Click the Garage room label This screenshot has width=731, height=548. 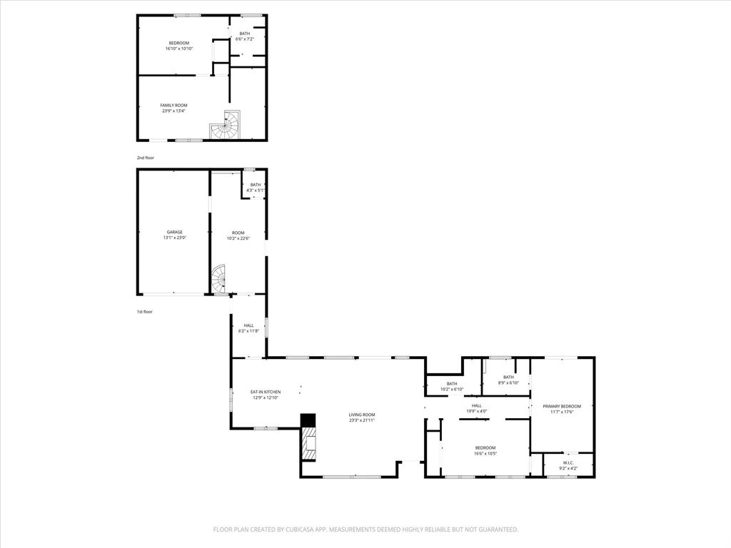point(175,232)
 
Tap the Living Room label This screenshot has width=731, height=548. point(362,415)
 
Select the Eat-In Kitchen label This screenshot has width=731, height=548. point(265,392)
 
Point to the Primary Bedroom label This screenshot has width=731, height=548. point(562,406)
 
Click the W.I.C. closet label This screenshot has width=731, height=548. point(568,462)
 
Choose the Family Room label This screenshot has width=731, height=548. point(173,105)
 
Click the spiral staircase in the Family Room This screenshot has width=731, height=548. point(226,126)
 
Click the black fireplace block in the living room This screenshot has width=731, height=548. point(308,421)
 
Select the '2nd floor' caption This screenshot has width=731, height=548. point(146,158)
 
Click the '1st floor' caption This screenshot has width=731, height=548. point(145,312)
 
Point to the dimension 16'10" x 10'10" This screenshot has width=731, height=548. point(179,49)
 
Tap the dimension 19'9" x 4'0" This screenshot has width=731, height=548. point(476,411)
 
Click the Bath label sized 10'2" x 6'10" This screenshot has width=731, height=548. point(452,383)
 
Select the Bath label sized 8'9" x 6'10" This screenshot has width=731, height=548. point(508,377)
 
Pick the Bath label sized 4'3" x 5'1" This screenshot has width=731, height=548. point(255,185)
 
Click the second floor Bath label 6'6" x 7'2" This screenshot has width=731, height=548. point(245,34)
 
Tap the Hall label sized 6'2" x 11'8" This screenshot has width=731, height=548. point(248,325)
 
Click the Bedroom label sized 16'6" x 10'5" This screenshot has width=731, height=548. point(485,447)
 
